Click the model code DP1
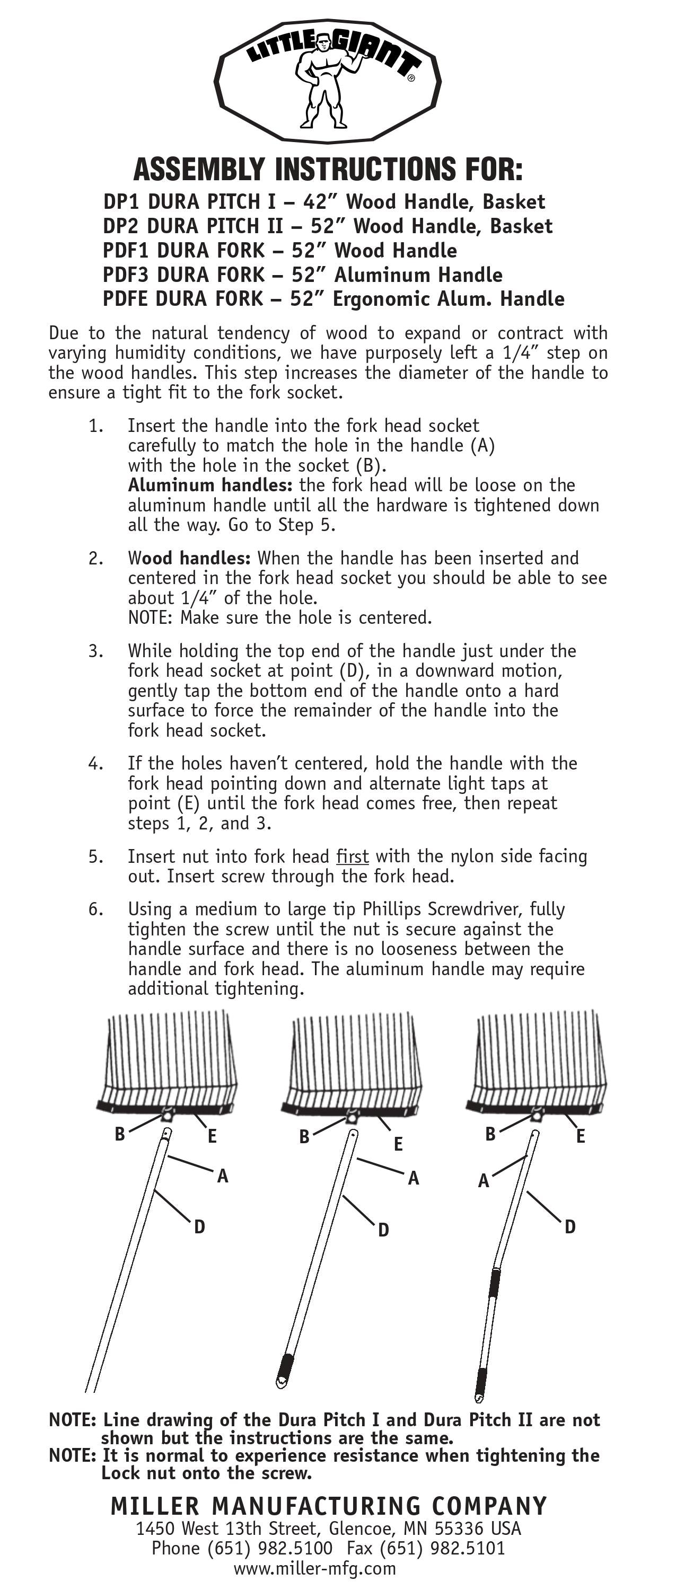coord(121,202)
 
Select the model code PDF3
coord(127,275)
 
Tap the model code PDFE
coord(126,299)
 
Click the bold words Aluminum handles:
coord(210,485)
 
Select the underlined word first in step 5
coord(352,856)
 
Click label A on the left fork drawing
coord(222,1176)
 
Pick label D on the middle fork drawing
coord(383,1230)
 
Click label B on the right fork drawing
coord(490,1134)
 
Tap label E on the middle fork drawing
coord(398,1144)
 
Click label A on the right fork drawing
coord(484,1181)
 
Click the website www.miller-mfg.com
coord(315,1568)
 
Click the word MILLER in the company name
coord(155,1506)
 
